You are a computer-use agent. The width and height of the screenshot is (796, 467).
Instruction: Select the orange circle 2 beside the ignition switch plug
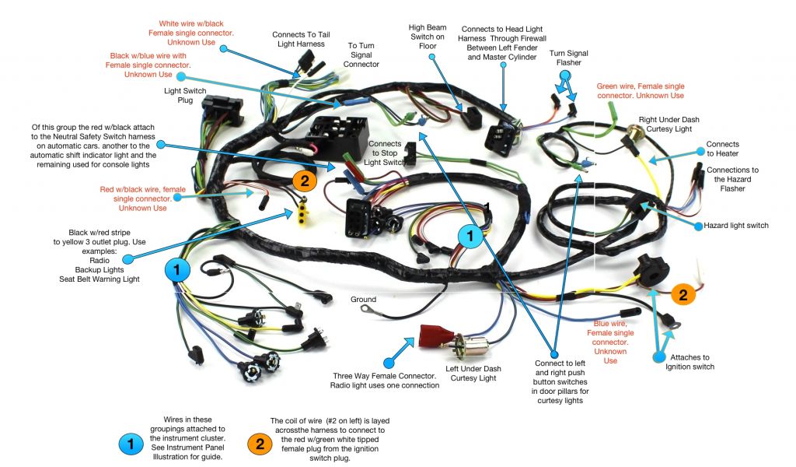(x=683, y=294)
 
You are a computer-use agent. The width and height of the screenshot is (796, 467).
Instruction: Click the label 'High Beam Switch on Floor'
(x=427, y=37)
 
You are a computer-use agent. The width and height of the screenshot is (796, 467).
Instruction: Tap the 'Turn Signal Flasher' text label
(x=568, y=58)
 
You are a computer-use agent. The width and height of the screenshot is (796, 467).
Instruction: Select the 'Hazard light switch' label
(x=735, y=226)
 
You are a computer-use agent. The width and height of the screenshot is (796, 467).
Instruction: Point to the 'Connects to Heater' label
(x=722, y=149)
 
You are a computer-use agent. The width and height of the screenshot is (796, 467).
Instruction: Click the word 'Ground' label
(x=363, y=300)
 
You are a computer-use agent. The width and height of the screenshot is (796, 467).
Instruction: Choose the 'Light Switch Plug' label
(x=184, y=96)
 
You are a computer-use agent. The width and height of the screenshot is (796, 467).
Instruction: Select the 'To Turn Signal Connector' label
(x=361, y=55)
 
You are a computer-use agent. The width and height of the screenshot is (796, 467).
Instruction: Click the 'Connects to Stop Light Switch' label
(x=385, y=153)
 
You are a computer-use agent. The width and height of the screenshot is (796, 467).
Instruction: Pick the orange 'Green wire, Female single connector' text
(x=641, y=90)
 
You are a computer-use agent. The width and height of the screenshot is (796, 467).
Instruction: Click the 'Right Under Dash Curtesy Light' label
(x=665, y=125)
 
